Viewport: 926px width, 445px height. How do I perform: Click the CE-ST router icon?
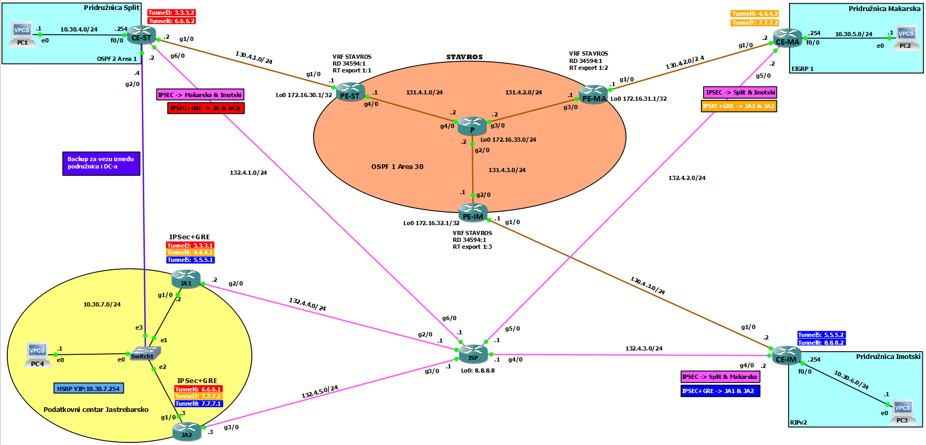[x=141, y=35]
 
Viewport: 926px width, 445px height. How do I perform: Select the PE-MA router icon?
[x=593, y=94]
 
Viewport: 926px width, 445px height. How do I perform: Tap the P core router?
[x=472, y=125]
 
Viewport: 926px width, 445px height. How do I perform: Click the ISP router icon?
[x=473, y=354]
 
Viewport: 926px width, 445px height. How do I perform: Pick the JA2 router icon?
[x=187, y=431]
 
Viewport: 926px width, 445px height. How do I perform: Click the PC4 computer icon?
[x=37, y=354]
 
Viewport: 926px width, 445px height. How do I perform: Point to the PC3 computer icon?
[x=902, y=411]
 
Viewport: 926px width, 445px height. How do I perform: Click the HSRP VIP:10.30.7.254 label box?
[x=89, y=389]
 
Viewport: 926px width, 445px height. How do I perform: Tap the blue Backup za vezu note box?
[x=101, y=163]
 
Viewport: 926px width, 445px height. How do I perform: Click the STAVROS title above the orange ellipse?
[x=464, y=57]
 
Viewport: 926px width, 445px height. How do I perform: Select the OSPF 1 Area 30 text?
[x=397, y=167]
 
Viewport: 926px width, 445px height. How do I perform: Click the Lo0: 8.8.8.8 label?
[x=477, y=370]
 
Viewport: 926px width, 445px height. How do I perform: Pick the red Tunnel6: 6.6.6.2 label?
[x=171, y=21]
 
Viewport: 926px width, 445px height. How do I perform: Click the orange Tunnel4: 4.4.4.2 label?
[x=754, y=14]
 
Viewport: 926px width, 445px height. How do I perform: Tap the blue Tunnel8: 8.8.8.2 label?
[x=821, y=343]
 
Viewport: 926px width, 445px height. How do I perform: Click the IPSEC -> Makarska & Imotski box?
[x=200, y=95]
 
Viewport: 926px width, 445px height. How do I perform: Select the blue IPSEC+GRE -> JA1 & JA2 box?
[x=720, y=391]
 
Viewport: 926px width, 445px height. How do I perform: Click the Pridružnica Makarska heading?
[x=884, y=9]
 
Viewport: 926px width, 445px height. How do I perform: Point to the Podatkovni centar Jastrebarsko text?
[x=96, y=410]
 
